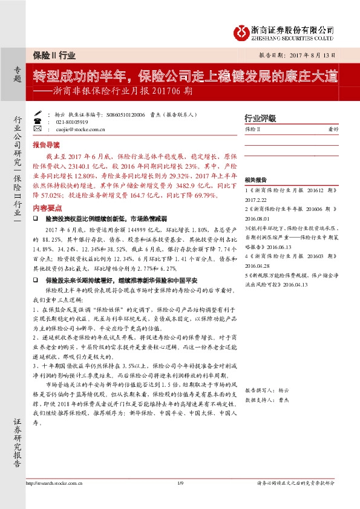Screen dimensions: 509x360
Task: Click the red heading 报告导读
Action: pyautogui.click(x=47, y=146)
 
